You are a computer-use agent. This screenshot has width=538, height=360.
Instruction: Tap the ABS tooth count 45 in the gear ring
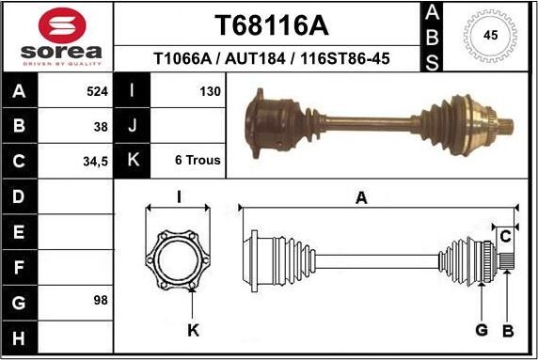coord(489,36)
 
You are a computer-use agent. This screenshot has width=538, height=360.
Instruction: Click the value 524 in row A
coord(97,92)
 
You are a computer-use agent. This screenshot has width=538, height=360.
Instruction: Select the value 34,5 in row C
coord(96,161)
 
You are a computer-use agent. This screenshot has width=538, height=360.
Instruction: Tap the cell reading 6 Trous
coord(198,161)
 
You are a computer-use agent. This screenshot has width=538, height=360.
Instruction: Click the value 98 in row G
coord(101,301)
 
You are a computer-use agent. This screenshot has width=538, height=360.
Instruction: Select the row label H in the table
coord(20,337)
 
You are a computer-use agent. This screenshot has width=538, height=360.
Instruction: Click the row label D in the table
coord(20,196)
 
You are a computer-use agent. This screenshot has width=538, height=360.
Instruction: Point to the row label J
coord(133,126)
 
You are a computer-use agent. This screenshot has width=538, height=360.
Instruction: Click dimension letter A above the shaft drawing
coord(361,197)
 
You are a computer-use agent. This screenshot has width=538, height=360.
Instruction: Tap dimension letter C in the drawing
coord(505,234)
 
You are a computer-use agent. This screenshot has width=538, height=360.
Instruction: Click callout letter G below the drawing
coord(481,330)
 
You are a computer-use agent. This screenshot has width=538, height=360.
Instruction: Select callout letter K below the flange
coord(193,330)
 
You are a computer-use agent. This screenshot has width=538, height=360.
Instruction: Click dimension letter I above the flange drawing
coord(179,196)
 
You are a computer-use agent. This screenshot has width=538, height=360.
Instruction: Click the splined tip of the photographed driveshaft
coord(506,123)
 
